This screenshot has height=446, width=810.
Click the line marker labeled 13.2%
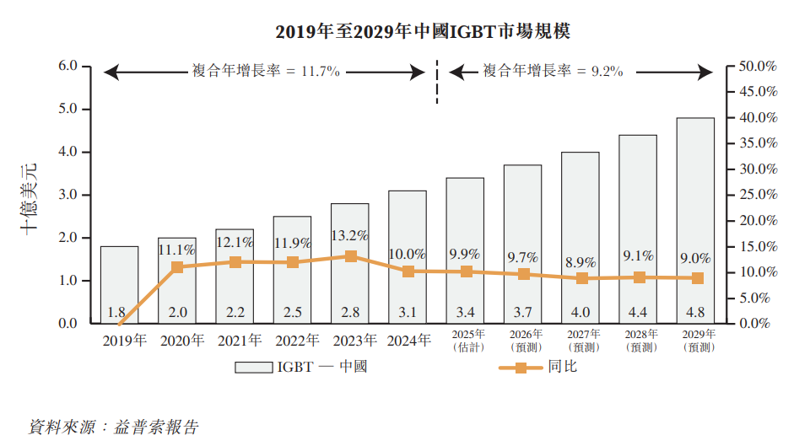click(350, 256)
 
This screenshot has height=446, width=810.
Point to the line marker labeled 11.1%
click(177, 267)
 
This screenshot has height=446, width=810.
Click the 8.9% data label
click(580, 262)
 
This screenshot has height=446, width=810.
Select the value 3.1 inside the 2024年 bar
click(408, 313)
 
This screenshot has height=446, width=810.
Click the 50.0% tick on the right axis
click(757, 66)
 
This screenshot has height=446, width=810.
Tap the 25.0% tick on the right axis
click(757, 195)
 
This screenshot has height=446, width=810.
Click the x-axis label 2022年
click(293, 341)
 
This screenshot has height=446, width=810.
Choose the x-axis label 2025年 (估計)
click(465, 341)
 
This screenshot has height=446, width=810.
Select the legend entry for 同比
click(540, 368)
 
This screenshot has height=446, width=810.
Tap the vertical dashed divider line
click(437, 82)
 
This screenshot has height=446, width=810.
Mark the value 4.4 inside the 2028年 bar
click(638, 313)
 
